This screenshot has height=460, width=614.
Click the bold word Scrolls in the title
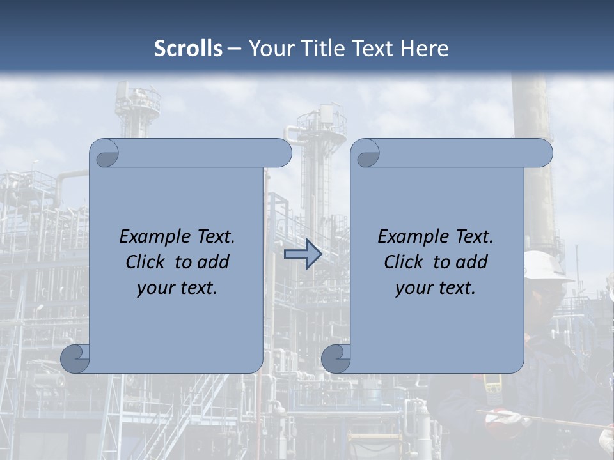[x=188, y=49]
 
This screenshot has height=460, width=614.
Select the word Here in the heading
[x=424, y=49]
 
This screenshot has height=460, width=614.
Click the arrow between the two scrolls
[x=303, y=254]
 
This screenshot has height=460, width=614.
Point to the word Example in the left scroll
[x=149, y=236]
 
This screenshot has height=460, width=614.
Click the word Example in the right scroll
[x=407, y=236]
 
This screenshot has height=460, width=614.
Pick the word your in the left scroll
[x=153, y=288]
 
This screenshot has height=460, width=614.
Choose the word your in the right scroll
[x=412, y=288]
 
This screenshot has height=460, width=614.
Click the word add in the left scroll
[x=214, y=262]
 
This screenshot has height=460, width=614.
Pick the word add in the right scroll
[x=473, y=262]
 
